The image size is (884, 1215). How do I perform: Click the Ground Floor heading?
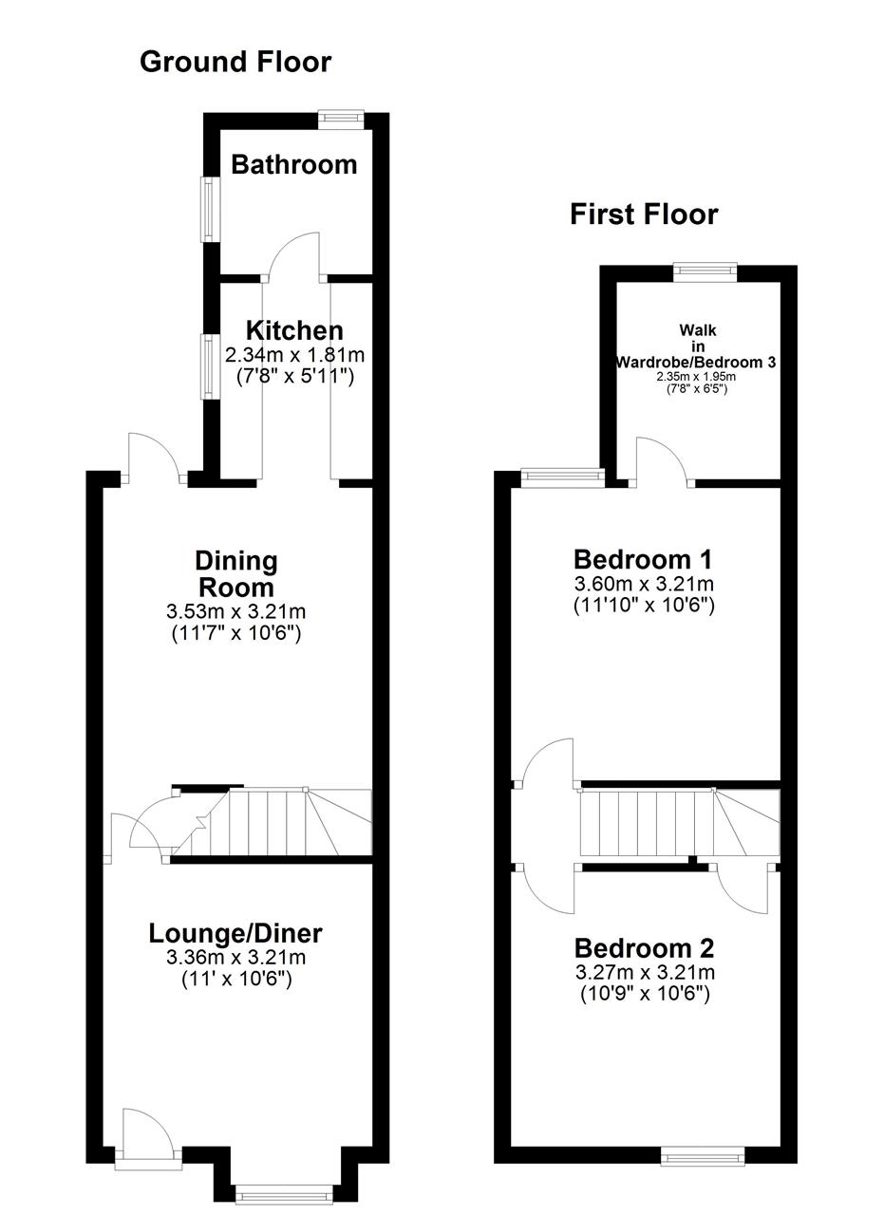(x=235, y=62)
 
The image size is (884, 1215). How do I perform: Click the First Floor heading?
(x=644, y=215)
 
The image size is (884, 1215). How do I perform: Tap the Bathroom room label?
(x=293, y=164)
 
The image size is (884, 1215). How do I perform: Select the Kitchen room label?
(x=294, y=330)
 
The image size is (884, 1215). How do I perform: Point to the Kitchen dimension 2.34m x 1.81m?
(x=294, y=355)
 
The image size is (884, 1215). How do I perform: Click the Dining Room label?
(x=236, y=574)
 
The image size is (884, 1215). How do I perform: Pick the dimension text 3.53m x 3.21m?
(x=236, y=612)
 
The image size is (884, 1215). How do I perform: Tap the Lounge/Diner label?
(x=235, y=933)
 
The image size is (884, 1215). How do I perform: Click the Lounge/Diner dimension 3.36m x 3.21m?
(x=236, y=958)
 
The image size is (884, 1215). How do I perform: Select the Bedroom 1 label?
(x=643, y=559)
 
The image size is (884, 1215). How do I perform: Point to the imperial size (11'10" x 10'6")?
(x=644, y=606)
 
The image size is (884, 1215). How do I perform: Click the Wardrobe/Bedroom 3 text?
(x=696, y=362)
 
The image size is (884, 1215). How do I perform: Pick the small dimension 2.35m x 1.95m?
(x=697, y=377)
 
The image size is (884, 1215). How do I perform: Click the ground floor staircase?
(x=272, y=822)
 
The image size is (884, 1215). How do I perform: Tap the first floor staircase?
(x=680, y=822)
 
